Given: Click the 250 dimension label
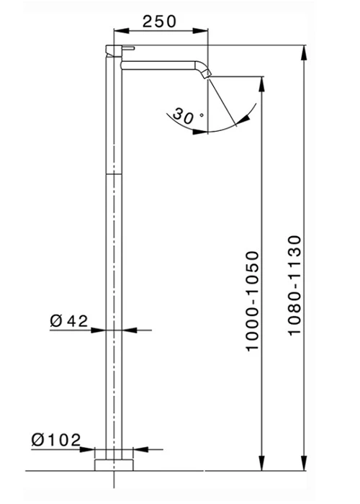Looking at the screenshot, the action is tap(159, 22).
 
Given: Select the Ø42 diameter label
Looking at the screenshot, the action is tap(69, 321).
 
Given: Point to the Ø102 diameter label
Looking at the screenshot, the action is tap(56, 440).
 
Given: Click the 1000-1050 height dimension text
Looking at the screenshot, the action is tap(252, 301).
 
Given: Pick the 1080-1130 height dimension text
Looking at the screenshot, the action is tap(294, 286).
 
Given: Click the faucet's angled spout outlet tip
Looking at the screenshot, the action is tap(207, 74).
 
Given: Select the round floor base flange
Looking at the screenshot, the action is tap(114, 465).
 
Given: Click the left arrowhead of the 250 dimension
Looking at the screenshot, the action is tap(121, 30).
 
